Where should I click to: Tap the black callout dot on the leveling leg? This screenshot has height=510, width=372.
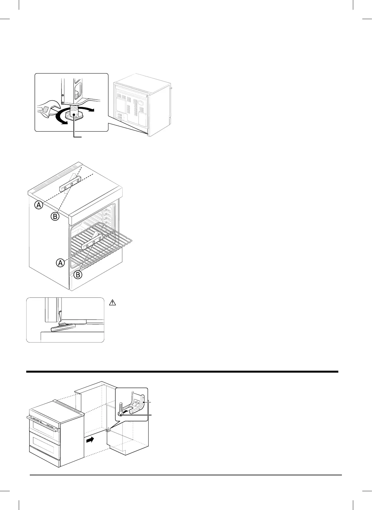[x=74, y=114]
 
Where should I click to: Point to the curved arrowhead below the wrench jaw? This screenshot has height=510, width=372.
[x=64, y=121]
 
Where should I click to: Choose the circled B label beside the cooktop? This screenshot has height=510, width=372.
[x=55, y=216]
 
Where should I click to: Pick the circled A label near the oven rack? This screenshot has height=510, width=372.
[x=60, y=263]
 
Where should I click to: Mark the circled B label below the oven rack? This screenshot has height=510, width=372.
[x=78, y=275]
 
